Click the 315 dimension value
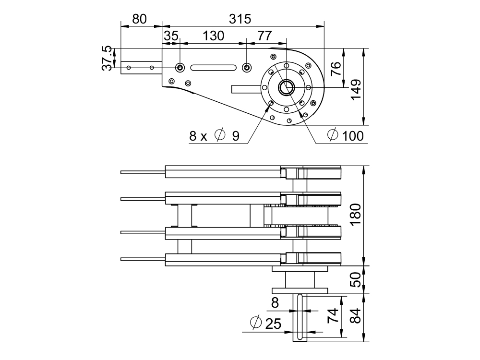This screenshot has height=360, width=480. [x=240, y=19]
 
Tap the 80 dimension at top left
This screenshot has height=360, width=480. [x=139, y=19]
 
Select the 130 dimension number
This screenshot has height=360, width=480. [x=213, y=36]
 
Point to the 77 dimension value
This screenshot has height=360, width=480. [x=264, y=36]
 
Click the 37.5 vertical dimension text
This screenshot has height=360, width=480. [x=108, y=58]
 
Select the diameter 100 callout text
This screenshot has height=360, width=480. [x=346, y=136]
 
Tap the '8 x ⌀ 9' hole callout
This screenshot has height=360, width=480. [x=215, y=136]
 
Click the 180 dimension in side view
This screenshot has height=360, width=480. [x=356, y=215]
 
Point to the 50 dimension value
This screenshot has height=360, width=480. [x=356, y=279]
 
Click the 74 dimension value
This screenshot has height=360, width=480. [x=332, y=316]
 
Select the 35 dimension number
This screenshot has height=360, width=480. [x=171, y=36]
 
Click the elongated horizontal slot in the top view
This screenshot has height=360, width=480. [x=213, y=68]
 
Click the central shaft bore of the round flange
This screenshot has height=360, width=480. [x=287, y=87]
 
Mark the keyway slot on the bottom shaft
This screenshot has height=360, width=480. [x=300, y=317]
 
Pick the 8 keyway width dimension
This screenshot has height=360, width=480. [x=275, y=303]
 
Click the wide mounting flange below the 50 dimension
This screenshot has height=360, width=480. [x=300, y=290]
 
